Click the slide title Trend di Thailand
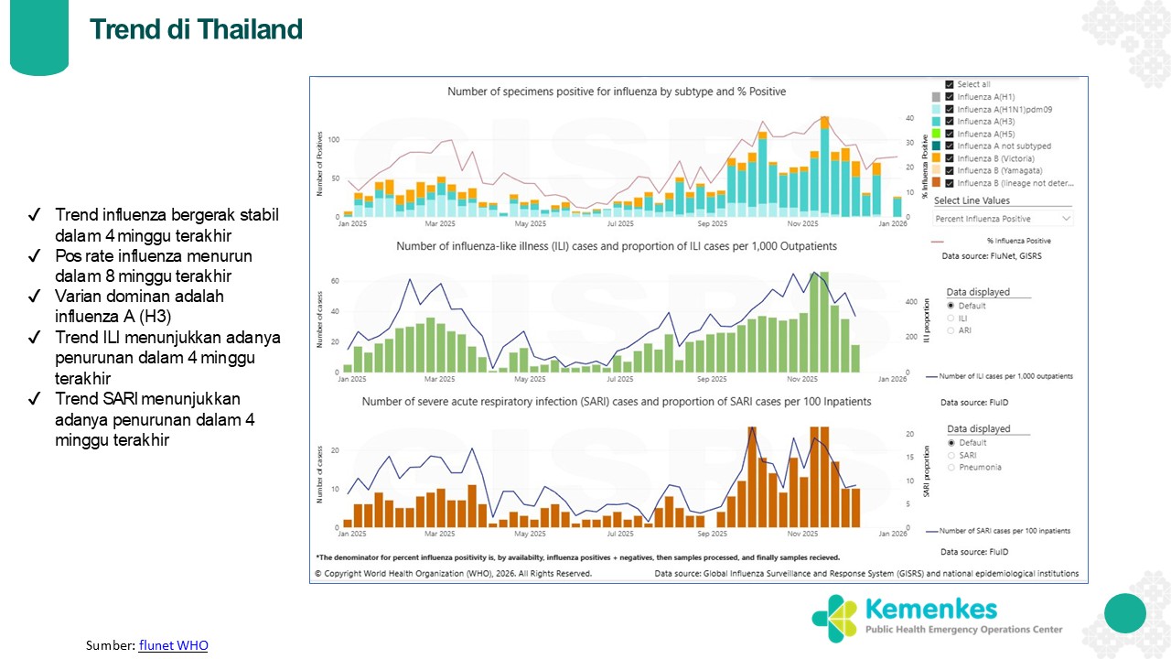196,29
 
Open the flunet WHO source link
173,645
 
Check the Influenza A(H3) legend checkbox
951,122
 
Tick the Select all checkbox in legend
951,84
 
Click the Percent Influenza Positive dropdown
1003,219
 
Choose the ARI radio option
951,330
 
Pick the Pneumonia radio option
951,467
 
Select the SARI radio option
951,455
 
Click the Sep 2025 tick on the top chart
713,223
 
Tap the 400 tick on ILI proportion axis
910,301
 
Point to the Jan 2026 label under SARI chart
892,533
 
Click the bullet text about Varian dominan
139,307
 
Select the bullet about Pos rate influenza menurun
153,265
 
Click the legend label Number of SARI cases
1004,531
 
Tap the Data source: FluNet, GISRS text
992,256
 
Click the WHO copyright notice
453,574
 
